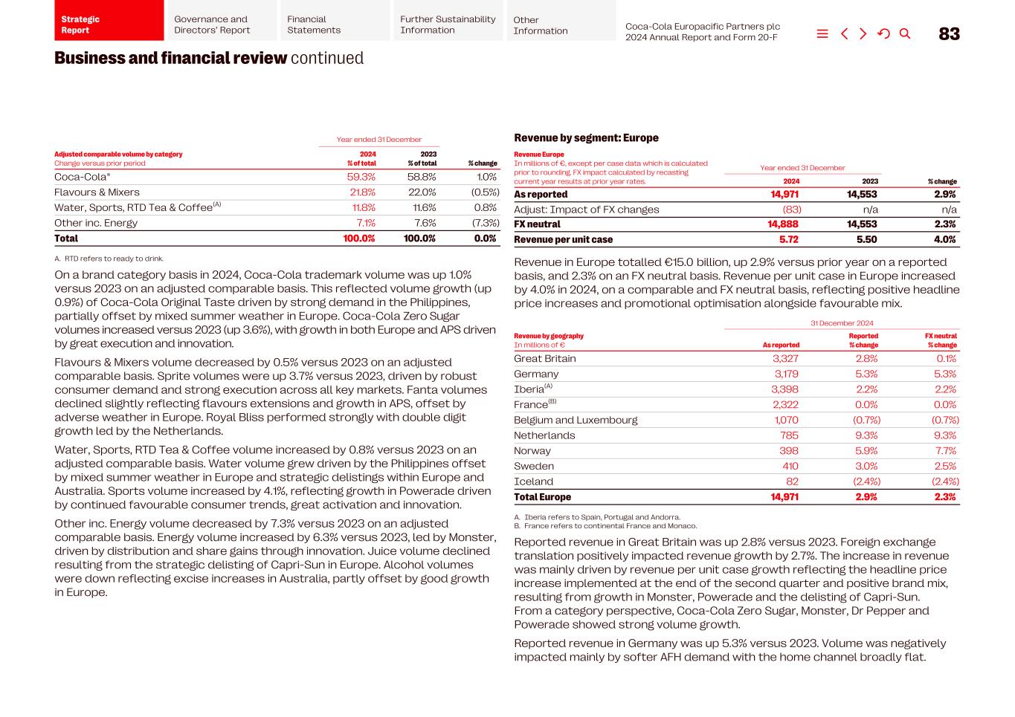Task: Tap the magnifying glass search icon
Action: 904,33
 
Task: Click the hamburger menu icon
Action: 822,33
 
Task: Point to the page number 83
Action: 949,33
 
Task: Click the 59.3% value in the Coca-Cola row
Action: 361,177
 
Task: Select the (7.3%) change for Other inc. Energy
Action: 484,223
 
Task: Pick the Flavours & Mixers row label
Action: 97,192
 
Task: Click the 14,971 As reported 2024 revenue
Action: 784,195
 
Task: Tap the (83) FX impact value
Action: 791,210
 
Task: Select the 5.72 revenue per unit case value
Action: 788,240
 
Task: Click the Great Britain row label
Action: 544,359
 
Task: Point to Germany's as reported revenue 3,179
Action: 786,374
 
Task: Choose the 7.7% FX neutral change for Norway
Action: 946,451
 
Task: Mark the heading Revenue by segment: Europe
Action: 586,138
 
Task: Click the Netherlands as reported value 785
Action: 789,435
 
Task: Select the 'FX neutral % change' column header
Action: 941,340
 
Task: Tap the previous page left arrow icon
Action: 844,33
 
